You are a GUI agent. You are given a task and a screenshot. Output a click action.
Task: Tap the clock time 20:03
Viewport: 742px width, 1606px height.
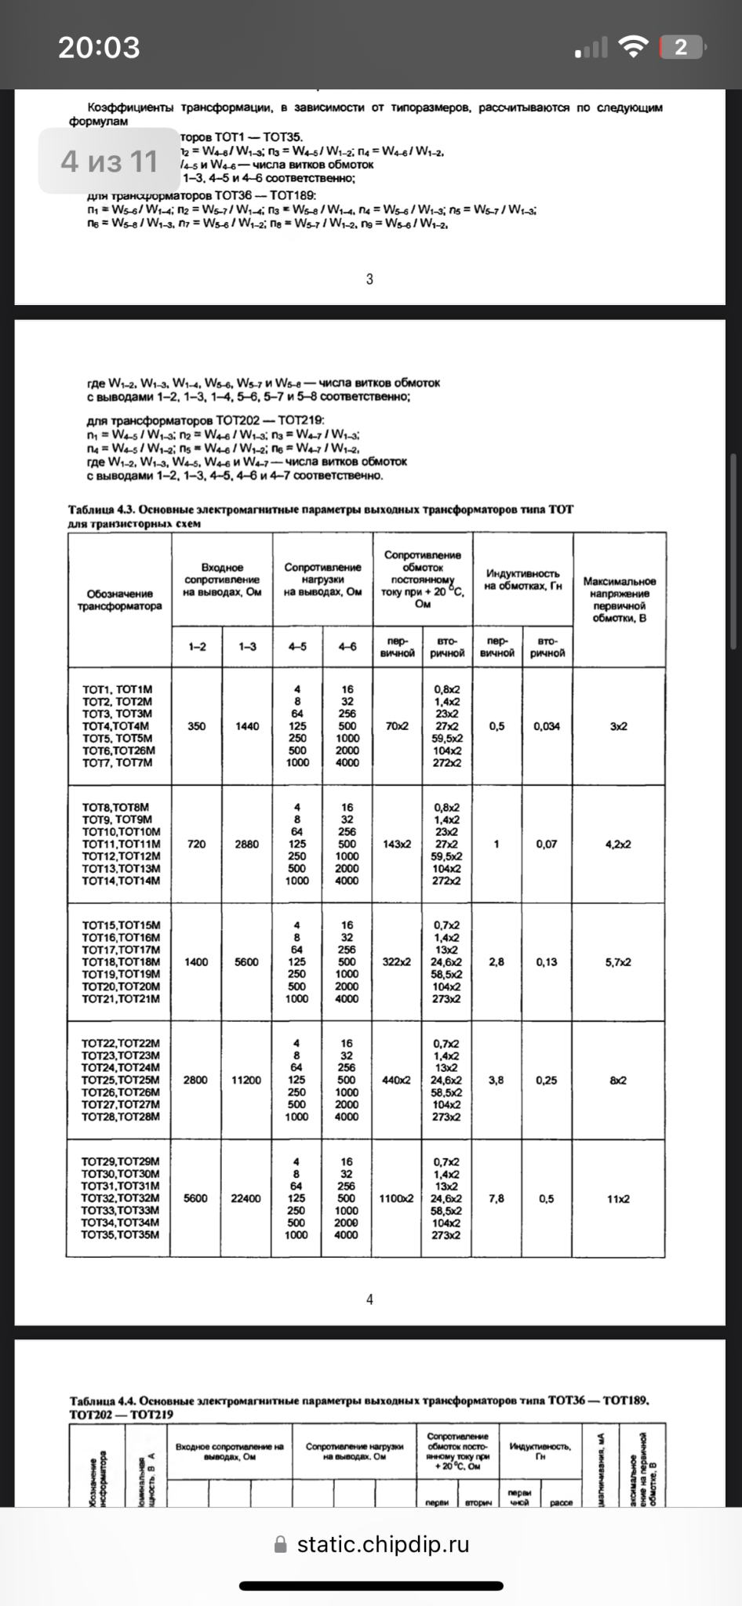pyautogui.click(x=99, y=48)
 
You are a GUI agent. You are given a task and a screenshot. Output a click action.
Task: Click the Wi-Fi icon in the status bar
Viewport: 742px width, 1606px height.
pyautogui.click(x=633, y=47)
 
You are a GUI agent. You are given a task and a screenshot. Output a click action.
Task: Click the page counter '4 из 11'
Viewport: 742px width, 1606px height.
pyautogui.click(x=110, y=162)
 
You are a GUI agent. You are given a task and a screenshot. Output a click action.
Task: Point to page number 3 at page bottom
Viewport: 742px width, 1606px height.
pyautogui.click(x=369, y=279)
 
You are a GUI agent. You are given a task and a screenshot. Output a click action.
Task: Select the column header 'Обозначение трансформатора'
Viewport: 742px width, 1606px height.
pyautogui.click(x=120, y=600)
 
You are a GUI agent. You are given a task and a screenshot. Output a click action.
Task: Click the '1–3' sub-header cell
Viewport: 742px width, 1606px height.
pyautogui.click(x=247, y=647)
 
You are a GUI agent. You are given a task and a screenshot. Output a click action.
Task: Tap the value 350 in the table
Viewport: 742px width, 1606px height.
pyautogui.click(x=197, y=726)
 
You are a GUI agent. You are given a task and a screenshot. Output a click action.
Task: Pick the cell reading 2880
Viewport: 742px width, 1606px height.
pyautogui.click(x=246, y=845)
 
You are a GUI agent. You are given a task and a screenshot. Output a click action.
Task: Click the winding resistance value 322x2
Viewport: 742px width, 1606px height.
pyautogui.click(x=396, y=962)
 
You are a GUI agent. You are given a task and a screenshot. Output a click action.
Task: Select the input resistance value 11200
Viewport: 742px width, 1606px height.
pyautogui.click(x=246, y=1080)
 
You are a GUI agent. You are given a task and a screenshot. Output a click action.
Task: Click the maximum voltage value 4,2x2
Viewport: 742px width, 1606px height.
pyautogui.click(x=618, y=845)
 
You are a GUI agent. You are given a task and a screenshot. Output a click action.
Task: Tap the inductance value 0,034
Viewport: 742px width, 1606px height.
pyautogui.click(x=547, y=726)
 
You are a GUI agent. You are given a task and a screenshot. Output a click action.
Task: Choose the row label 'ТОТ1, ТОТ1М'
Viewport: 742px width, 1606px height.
pyautogui.click(x=118, y=689)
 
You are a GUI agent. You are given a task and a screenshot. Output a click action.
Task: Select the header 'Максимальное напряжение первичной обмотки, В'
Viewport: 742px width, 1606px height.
pyautogui.click(x=619, y=600)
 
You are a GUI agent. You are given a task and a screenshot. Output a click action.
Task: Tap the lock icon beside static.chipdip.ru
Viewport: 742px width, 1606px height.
pyautogui.click(x=281, y=1545)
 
